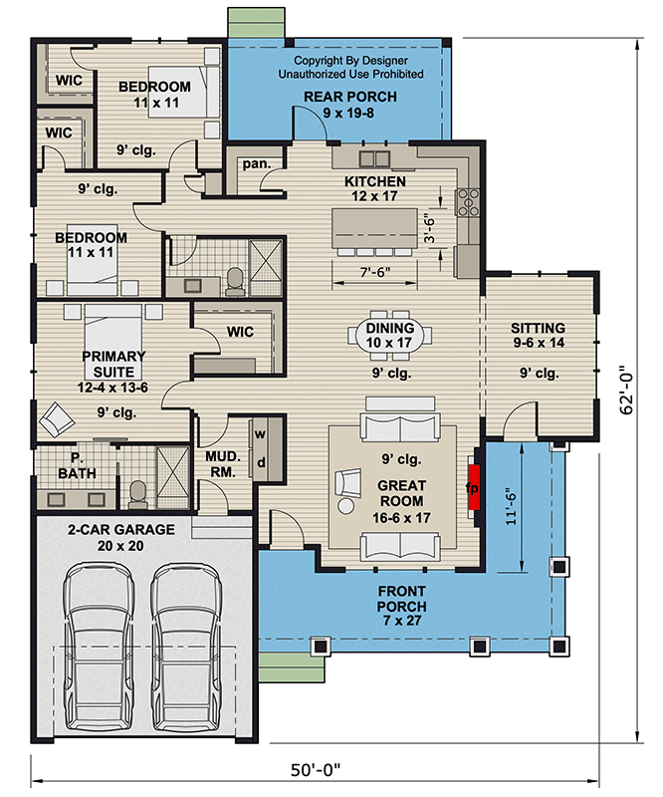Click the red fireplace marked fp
point(475,488)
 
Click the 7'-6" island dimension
point(375,272)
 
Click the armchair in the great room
point(348,488)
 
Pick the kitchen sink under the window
point(374,158)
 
